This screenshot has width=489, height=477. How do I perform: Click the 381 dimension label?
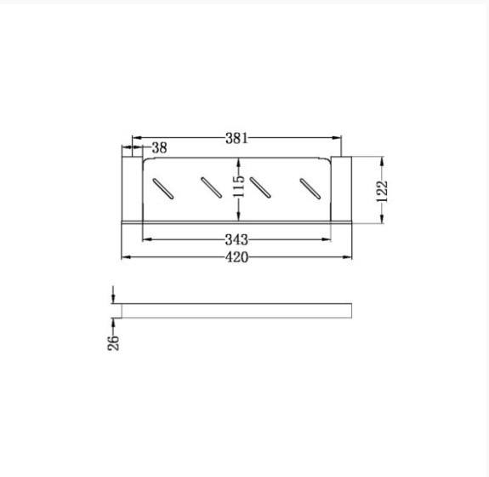click(x=236, y=138)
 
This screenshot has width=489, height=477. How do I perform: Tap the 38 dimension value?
click(x=159, y=147)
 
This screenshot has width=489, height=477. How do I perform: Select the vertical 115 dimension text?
click(x=239, y=187)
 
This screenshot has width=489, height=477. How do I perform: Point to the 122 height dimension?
click(x=382, y=192)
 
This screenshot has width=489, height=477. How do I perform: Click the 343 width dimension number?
click(x=236, y=240)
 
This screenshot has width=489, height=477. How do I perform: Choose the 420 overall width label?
click(x=236, y=257)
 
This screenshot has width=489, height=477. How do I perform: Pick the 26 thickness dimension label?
click(x=113, y=343)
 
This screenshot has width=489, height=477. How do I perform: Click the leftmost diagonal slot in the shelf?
click(x=162, y=189)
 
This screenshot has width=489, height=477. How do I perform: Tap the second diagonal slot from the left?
click(x=212, y=187)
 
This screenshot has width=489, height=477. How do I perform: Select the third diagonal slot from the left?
click(x=260, y=187)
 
